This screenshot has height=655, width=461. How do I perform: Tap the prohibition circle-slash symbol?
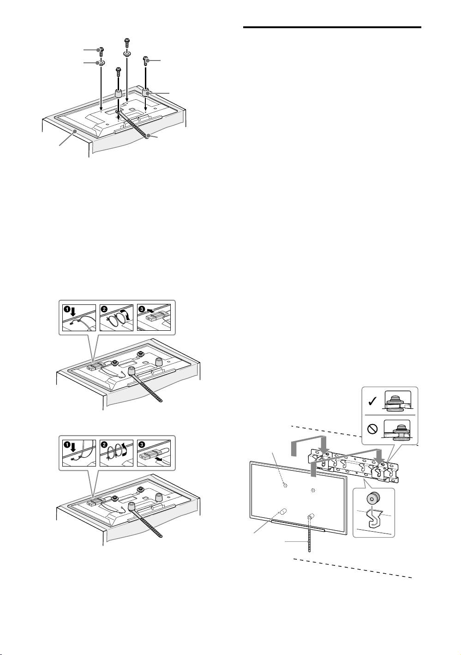[x=372, y=429]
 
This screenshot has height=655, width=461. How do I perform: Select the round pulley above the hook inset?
[x=371, y=497]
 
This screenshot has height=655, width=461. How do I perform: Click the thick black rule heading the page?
[x=332, y=28]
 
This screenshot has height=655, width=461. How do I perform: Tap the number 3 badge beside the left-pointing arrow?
[x=142, y=309]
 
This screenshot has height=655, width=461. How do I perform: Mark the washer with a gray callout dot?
[x=101, y=62]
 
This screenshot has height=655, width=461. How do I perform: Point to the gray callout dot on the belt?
[x=149, y=135]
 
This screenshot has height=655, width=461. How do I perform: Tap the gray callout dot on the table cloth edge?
[x=75, y=132]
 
